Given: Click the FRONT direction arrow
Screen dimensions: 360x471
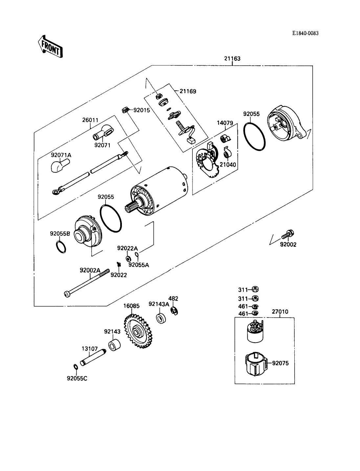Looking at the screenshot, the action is (51, 47).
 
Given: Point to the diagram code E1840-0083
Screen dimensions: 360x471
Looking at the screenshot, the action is (305, 33).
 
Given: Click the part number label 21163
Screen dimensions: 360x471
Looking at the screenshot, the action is (232, 58).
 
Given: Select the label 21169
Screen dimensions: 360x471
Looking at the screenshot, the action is (188, 91).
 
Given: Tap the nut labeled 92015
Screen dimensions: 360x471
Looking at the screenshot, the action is (125, 110).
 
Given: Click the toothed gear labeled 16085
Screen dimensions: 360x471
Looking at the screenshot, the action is (138, 331).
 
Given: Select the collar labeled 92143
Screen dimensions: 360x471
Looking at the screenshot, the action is (114, 345).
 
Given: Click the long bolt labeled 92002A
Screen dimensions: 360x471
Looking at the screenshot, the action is (87, 283).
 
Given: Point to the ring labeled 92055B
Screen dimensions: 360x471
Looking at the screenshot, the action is (61, 247).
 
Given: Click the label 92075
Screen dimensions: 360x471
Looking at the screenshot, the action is (281, 363).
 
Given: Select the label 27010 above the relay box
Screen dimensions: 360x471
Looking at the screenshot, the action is (280, 312).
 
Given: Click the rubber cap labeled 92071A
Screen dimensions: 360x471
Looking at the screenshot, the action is (60, 166).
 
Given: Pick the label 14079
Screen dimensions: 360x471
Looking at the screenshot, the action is (225, 123).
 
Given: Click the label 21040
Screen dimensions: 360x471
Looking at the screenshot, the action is (228, 165).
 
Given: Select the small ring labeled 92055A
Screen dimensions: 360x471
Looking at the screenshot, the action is (137, 254).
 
